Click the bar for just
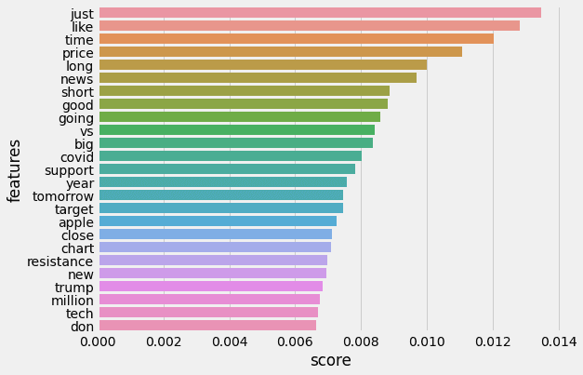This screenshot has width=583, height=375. click(x=320, y=13)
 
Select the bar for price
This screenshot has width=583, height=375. click(x=280, y=52)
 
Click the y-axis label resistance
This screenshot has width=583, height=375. click(x=60, y=261)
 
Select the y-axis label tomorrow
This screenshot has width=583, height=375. click(x=62, y=196)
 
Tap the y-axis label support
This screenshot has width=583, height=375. click(x=69, y=170)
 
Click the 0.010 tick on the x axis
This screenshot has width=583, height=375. click(x=427, y=342)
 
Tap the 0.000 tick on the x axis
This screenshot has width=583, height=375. click(x=99, y=342)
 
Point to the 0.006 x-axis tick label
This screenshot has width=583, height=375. click(x=296, y=342)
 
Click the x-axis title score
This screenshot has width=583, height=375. click(x=330, y=360)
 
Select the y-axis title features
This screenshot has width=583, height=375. click(x=15, y=170)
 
